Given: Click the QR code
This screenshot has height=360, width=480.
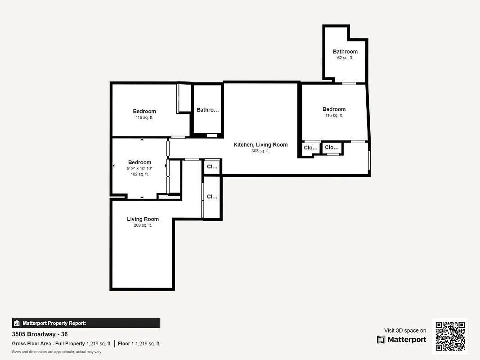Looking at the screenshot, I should (450, 336).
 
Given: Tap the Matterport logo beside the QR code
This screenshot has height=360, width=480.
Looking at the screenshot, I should (402, 339).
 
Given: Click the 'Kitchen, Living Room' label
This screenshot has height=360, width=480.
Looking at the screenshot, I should (260, 144).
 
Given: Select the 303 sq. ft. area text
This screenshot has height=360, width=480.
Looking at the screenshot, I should (260, 151).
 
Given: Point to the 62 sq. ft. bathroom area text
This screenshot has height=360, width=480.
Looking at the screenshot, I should (345, 58).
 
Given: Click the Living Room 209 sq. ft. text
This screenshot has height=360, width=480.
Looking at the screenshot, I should (143, 225).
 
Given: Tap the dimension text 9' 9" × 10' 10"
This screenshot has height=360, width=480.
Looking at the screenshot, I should (139, 168).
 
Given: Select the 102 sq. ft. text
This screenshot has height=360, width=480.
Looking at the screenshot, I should (139, 174).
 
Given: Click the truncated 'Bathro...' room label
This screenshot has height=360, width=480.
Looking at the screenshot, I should (208, 110).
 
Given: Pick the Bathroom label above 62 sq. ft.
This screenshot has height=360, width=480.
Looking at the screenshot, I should (345, 52).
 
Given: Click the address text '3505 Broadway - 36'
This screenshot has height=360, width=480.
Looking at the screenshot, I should (40, 334).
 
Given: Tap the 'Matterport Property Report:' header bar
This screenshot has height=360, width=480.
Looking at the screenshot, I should (86, 323).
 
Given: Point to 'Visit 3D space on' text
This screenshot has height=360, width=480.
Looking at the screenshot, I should (405, 331).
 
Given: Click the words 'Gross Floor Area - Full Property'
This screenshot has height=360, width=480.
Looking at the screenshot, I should (48, 344).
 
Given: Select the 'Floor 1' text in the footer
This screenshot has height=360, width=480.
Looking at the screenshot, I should (126, 344).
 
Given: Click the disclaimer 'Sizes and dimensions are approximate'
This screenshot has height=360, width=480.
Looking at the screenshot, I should (56, 352).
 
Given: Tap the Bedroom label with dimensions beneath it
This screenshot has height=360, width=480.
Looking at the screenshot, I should (139, 162).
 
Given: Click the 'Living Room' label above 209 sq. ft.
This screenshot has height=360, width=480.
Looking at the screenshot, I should (143, 219).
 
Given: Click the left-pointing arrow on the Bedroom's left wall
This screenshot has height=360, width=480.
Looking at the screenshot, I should (114, 166).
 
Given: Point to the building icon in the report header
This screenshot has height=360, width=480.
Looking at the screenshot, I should (17, 323).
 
